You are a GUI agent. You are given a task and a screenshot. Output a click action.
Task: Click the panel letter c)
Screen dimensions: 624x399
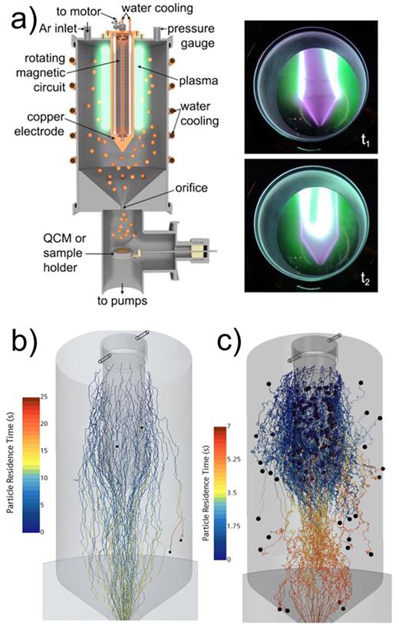click(x=216, y=342)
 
